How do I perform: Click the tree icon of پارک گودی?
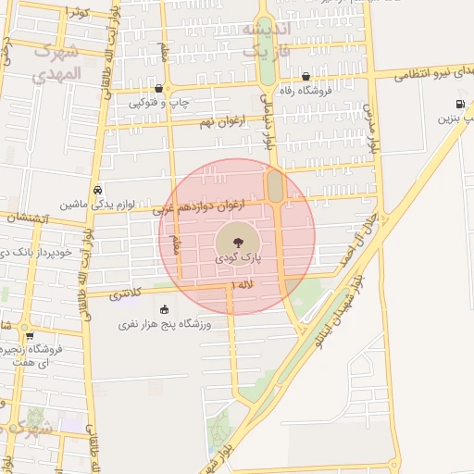tap(237, 243)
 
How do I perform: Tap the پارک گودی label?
tap(237, 262)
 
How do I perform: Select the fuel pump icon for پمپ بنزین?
tap(460, 104)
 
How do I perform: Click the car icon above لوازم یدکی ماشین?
tap(97, 188)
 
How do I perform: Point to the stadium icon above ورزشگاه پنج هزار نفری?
tap(165, 309)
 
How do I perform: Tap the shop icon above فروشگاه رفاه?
tap(305, 76)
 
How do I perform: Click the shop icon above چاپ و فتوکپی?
tap(161, 89)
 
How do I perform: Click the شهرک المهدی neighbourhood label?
tap(56, 62)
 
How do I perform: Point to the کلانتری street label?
tap(126, 295)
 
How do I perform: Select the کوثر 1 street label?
tap(76, 11)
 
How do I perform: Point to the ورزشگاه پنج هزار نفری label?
tap(165, 325)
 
